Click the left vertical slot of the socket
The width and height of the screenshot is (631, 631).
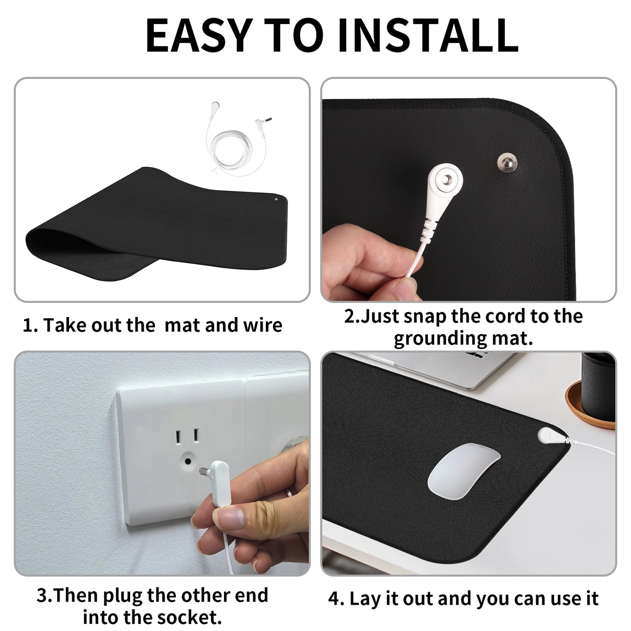point(178,437)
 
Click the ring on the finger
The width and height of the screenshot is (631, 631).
point(289,493)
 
